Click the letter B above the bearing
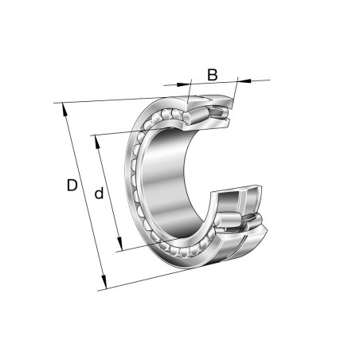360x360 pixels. (x=213, y=75)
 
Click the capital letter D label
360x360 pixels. (x=72, y=186)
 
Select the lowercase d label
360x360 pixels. (x=99, y=194)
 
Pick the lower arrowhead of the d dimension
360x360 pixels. (x=120, y=247)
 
